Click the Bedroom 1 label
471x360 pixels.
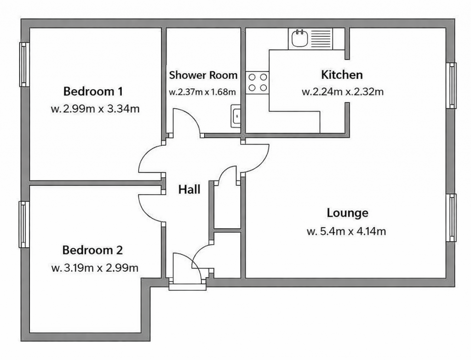pos(93,91)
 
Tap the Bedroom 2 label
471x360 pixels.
pos(92,250)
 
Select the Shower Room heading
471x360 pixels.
pos(203,75)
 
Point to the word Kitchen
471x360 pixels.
pos(342,75)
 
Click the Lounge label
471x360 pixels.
pos(348,213)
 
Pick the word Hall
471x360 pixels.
pos(189,190)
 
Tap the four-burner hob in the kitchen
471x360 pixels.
pos(258,82)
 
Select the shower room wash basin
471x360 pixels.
pos(236,116)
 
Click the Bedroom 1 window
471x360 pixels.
pos(24,64)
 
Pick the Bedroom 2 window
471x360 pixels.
pos(24,224)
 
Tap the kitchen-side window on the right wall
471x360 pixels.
pos(451,86)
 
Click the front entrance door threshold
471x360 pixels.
pos(188,287)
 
